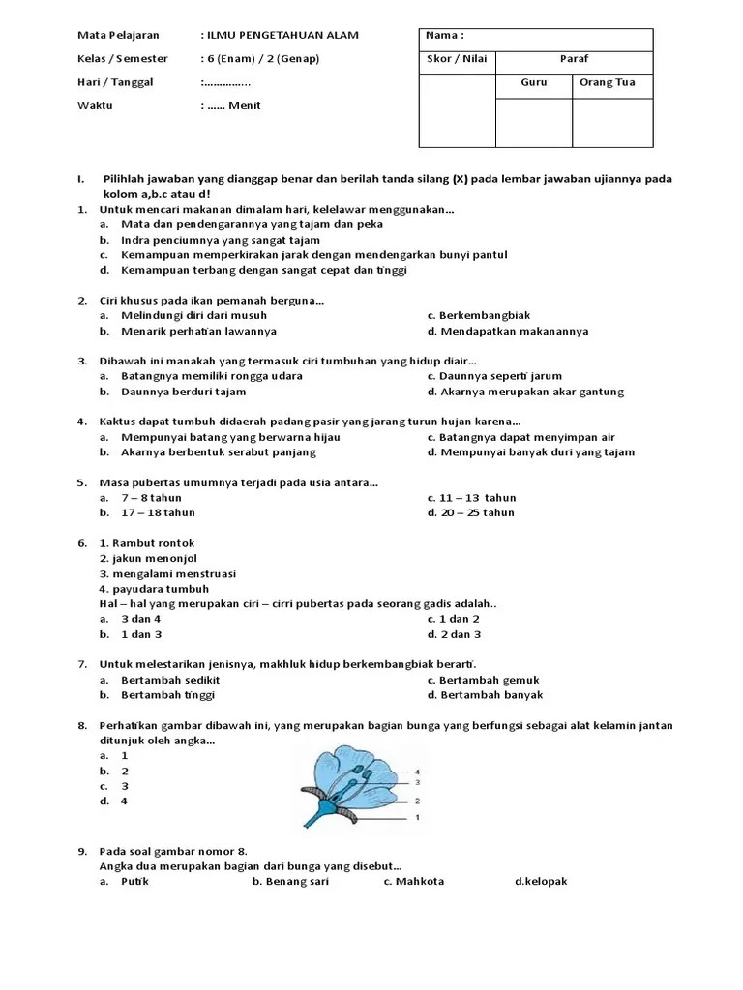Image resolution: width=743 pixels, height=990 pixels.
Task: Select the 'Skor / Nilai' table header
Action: [457, 59]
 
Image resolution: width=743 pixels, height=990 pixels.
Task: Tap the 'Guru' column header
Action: [534, 82]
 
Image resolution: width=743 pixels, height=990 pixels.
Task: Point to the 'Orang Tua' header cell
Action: [607, 82]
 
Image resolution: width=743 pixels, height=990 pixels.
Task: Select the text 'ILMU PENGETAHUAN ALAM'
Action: [282, 36]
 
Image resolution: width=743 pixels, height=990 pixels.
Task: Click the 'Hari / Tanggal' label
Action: [115, 82]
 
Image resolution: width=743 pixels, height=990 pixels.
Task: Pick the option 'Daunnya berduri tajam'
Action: [183, 392]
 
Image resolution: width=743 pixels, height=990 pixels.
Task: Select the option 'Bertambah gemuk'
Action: [489, 680]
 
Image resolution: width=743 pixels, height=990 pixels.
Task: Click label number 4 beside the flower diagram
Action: [418, 772]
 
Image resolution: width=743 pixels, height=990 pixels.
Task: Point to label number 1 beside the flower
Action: [418, 817]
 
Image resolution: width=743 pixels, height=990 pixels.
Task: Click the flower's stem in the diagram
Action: [316, 818]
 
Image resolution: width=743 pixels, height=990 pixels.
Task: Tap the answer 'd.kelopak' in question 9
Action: [541, 882]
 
